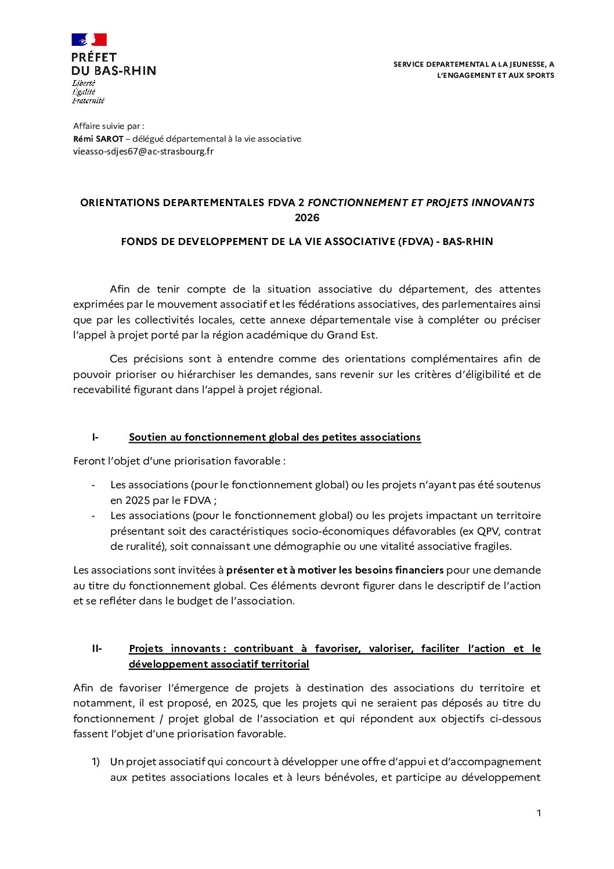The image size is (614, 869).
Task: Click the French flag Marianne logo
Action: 89,39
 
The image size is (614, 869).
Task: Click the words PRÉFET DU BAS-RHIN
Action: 113,64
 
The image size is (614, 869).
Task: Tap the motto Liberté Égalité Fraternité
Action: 88,92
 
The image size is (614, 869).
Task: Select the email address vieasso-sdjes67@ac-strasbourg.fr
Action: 143,152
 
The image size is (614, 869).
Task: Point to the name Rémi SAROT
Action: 98,139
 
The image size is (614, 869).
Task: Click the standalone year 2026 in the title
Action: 307,218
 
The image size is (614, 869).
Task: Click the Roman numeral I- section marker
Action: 95,437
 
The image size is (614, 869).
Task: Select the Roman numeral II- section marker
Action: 97,648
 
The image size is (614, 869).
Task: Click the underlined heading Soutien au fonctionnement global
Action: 275,437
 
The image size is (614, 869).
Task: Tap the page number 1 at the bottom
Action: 539,813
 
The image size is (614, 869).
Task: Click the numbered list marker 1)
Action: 96,762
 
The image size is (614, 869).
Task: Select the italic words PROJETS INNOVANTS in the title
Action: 480,203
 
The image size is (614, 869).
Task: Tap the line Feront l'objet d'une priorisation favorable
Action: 179,461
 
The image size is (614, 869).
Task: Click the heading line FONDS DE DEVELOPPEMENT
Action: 307,241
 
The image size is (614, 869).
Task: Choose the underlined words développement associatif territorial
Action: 219,664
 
